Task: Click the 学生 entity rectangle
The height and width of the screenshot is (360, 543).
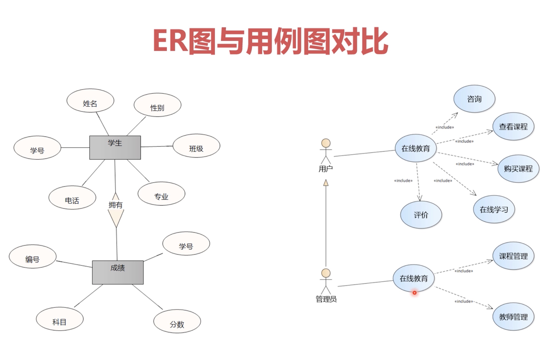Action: click(x=115, y=147)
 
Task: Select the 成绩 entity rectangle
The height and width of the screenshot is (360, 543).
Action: click(x=118, y=272)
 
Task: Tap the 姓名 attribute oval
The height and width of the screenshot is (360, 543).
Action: click(x=90, y=101)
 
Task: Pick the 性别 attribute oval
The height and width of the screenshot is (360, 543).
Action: click(x=157, y=105)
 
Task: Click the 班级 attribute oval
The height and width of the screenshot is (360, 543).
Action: click(x=196, y=146)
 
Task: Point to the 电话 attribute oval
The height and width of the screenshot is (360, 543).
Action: click(x=72, y=198)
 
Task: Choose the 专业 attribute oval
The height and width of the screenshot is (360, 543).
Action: click(x=161, y=194)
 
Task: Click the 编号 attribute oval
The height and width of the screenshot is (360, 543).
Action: click(x=33, y=257)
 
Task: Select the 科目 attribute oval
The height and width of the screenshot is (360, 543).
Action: click(x=60, y=319)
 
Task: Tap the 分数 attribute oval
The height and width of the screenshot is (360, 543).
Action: click(x=177, y=321)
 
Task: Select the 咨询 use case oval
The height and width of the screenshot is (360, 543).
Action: click(x=474, y=99)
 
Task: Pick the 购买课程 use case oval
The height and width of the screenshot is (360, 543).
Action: click(x=518, y=168)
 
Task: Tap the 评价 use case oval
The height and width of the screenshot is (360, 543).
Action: click(x=421, y=215)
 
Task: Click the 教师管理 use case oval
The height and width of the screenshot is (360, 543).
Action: click(x=513, y=317)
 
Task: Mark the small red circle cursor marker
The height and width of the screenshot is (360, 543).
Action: click(x=414, y=293)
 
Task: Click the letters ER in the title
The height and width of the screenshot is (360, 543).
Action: click(x=170, y=41)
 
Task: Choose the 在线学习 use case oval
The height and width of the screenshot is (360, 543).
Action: click(x=494, y=209)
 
